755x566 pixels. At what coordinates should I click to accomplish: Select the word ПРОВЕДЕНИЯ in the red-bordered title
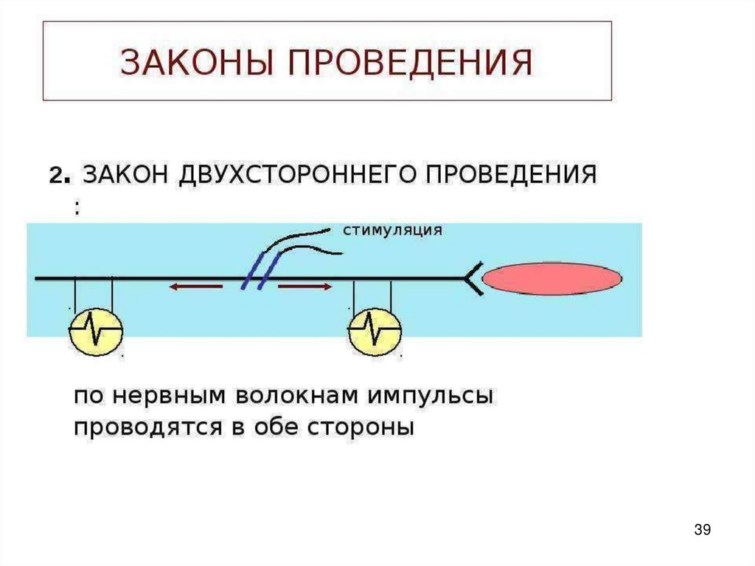click(x=411, y=63)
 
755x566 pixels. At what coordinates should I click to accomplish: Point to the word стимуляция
click(x=392, y=230)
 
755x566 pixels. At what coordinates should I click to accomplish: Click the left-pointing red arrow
click(x=195, y=287)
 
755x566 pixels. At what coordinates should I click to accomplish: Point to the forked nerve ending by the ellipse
click(x=472, y=279)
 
